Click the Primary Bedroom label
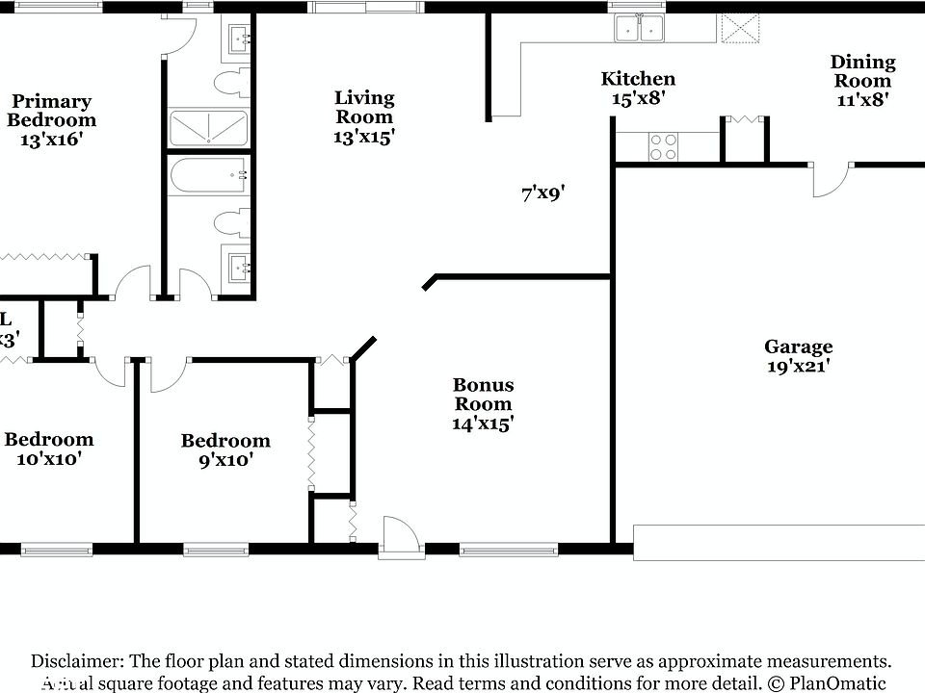tap(52, 120)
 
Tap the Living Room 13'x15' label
tap(364, 116)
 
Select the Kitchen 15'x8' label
tap(637, 89)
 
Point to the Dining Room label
tap(862, 81)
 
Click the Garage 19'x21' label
tap(798, 355)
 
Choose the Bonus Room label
tap(483, 403)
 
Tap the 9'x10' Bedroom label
tap(225, 450)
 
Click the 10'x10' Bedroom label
tap(48, 449)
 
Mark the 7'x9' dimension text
tap(542, 193)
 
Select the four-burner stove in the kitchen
tap(663, 146)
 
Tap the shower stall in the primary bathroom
tap(208, 128)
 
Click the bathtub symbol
tap(208, 176)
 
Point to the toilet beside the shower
tap(229, 84)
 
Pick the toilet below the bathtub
tap(229, 224)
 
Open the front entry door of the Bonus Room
tap(401, 537)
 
